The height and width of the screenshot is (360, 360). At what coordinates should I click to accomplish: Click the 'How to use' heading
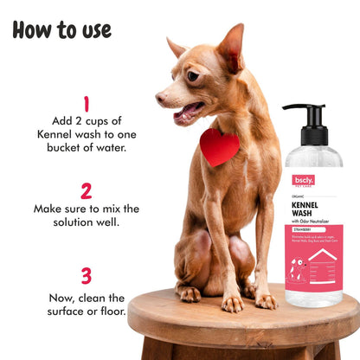(x=61, y=29)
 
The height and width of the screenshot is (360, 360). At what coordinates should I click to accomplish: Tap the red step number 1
(x=86, y=106)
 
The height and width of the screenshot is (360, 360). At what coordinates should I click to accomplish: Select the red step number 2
(x=86, y=190)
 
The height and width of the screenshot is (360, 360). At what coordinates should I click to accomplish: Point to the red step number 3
(x=86, y=275)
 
